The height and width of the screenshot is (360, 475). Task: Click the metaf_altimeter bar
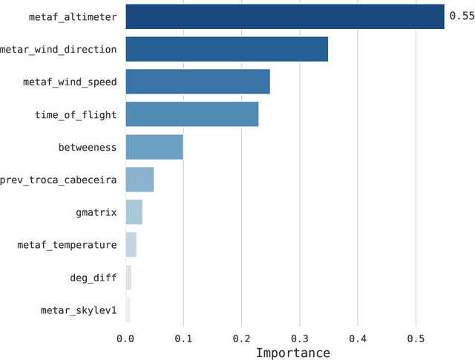click(284, 16)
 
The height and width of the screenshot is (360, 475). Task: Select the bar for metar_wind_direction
click(226, 49)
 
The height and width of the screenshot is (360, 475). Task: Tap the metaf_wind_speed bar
click(197, 82)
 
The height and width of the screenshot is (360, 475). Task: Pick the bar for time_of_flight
click(191, 114)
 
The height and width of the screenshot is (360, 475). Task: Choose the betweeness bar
click(154, 147)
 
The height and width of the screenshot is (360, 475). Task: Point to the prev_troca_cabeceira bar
click(140, 180)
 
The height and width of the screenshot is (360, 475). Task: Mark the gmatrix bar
click(134, 212)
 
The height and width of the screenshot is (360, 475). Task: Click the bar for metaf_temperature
click(131, 245)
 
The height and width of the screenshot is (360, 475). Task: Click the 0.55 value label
click(461, 16)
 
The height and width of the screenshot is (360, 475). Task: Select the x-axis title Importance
click(292, 352)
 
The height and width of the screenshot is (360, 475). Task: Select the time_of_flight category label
click(76, 114)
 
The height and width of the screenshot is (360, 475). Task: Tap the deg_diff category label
click(93, 278)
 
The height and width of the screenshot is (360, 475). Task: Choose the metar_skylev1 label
click(79, 310)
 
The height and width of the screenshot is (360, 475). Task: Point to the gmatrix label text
click(96, 212)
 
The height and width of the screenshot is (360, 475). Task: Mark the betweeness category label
click(88, 147)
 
